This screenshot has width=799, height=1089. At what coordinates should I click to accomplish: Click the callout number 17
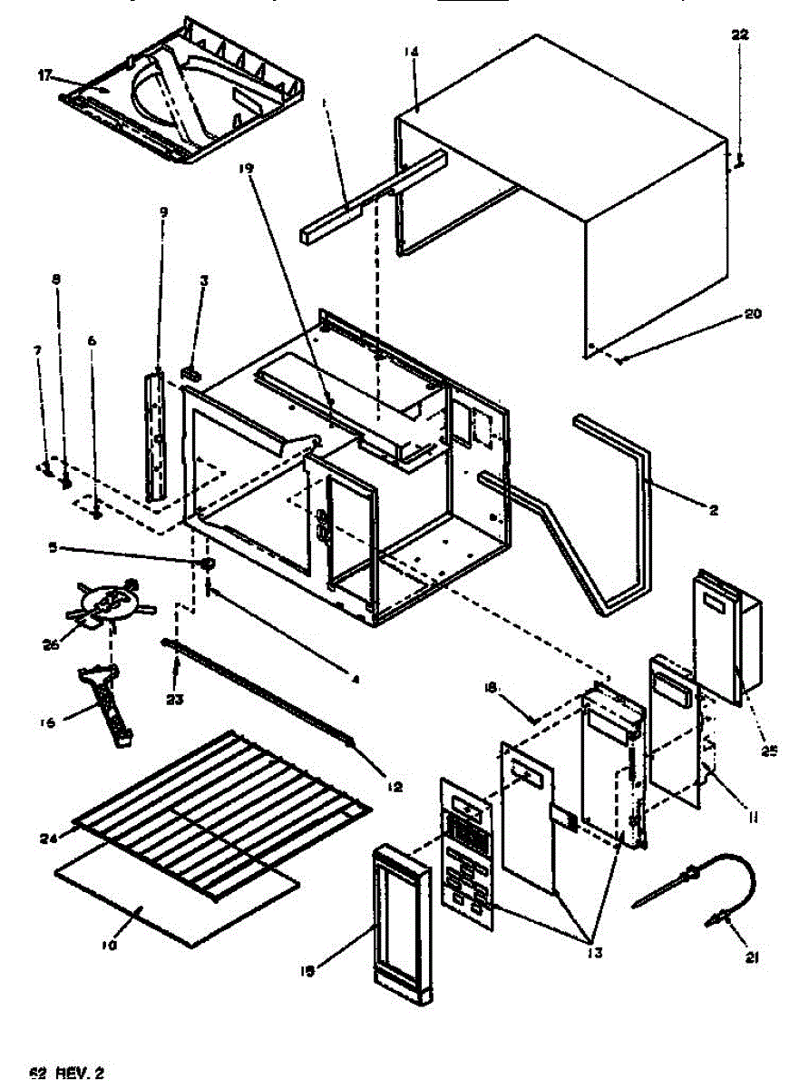coord(45,75)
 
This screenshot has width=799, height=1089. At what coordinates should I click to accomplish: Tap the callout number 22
coord(739,34)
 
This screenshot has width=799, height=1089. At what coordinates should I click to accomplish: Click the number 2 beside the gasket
coord(714,511)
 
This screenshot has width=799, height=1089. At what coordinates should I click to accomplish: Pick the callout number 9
coord(163,211)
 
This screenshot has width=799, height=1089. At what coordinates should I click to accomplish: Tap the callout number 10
coord(109,944)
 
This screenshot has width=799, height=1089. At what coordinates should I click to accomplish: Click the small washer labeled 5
coord(207,564)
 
